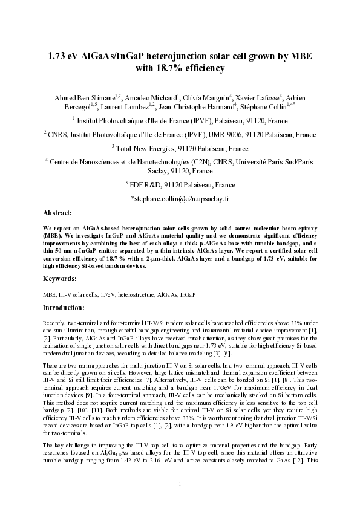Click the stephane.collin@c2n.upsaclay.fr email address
(180, 199)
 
